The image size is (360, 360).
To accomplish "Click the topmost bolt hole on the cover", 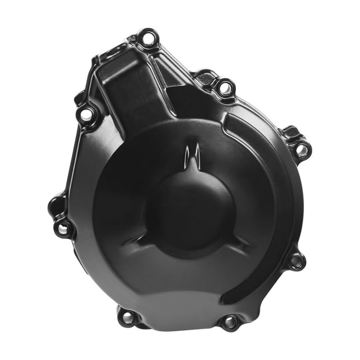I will (x=148, y=38).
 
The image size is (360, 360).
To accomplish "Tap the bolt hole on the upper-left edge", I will (x=86, y=114).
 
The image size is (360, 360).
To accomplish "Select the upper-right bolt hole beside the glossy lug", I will (x=225, y=87).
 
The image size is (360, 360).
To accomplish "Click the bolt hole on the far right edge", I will (x=301, y=150).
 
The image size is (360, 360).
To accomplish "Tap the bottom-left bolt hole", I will (x=127, y=317).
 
